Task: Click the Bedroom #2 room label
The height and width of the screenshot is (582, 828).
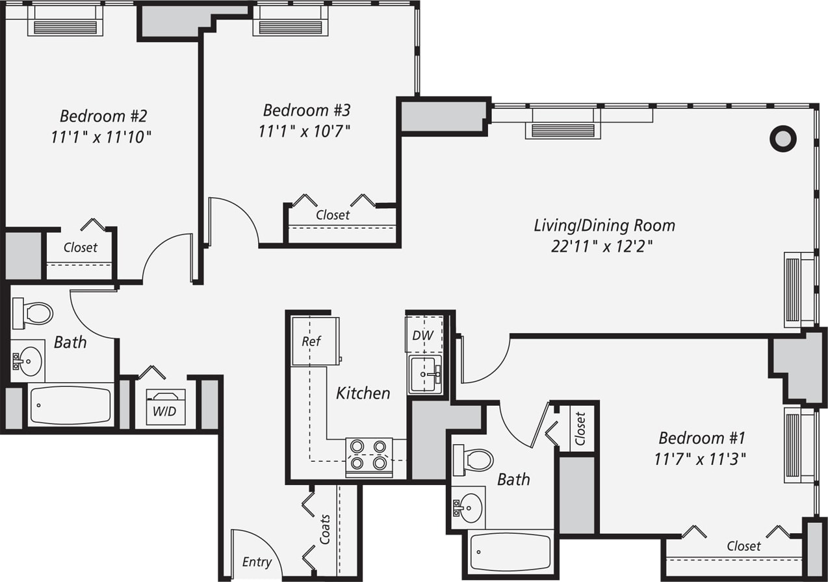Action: tap(103, 116)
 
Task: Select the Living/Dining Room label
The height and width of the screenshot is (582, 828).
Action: tap(604, 226)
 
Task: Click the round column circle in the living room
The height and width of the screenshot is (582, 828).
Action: tap(783, 139)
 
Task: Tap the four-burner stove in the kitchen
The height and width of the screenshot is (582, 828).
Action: tap(369, 455)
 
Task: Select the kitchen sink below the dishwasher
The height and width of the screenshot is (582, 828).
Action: tap(425, 374)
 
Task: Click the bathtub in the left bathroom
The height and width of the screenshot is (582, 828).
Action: tap(70, 404)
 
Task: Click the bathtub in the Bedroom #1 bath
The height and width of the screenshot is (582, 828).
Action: tap(510, 552)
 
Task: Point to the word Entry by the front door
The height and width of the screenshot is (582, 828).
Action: tap(256, 562)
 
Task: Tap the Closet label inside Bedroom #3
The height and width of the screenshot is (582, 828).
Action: tap(333, 215)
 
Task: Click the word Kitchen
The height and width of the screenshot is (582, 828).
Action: tap(363, 393)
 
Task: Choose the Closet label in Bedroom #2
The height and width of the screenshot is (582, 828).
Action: tap(81, 248)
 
